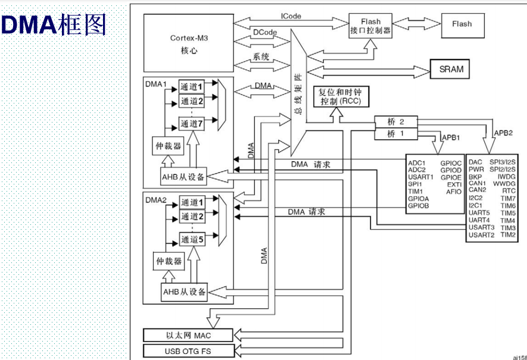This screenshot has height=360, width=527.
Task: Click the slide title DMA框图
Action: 54,26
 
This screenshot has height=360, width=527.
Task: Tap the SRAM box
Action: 451,69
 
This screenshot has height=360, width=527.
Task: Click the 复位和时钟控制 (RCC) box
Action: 341,97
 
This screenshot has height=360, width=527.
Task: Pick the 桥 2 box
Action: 395,121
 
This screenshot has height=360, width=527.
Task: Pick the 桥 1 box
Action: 395,134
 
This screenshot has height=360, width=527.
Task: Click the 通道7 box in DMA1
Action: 192,124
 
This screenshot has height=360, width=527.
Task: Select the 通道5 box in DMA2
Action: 192,240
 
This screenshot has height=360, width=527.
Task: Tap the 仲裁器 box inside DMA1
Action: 167,145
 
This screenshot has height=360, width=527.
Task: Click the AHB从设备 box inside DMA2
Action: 184,292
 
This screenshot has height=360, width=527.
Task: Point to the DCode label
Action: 263,31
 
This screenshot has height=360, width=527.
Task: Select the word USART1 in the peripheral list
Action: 420,177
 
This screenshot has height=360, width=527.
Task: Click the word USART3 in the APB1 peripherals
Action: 481,228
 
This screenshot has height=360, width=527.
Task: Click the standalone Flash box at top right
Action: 461,24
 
